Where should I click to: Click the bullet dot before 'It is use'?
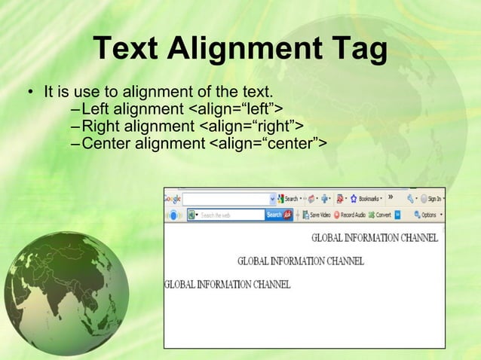pos(31,95)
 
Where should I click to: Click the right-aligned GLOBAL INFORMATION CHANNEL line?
pos(375,238)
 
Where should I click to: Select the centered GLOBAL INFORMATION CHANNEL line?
pos(300,261)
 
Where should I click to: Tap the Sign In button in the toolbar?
pos(432,199)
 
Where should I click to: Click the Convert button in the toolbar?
pos(381,215)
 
